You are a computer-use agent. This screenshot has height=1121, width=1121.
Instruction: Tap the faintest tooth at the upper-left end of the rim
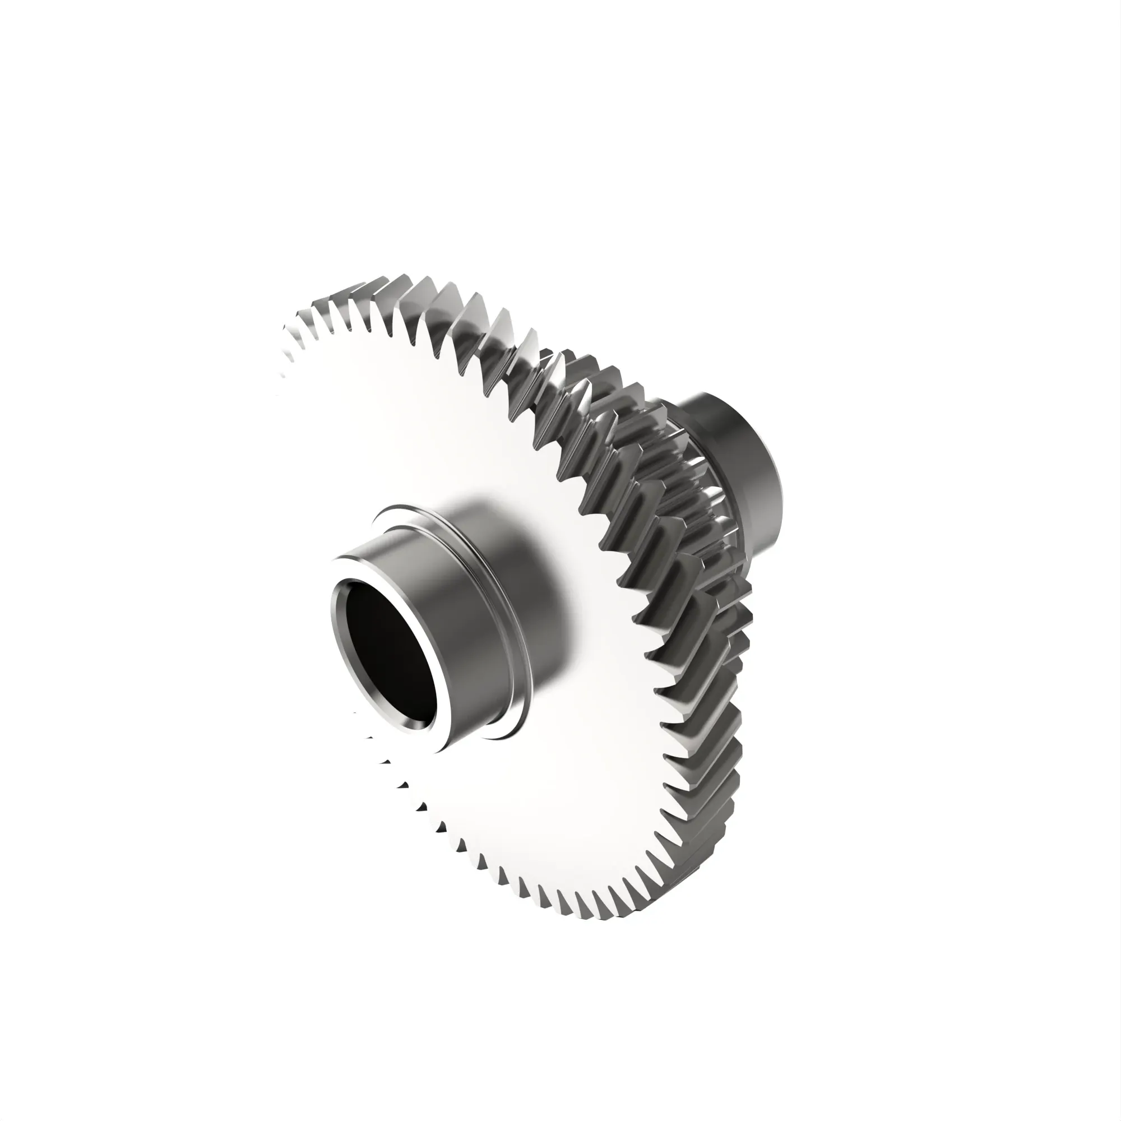point(286,336)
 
